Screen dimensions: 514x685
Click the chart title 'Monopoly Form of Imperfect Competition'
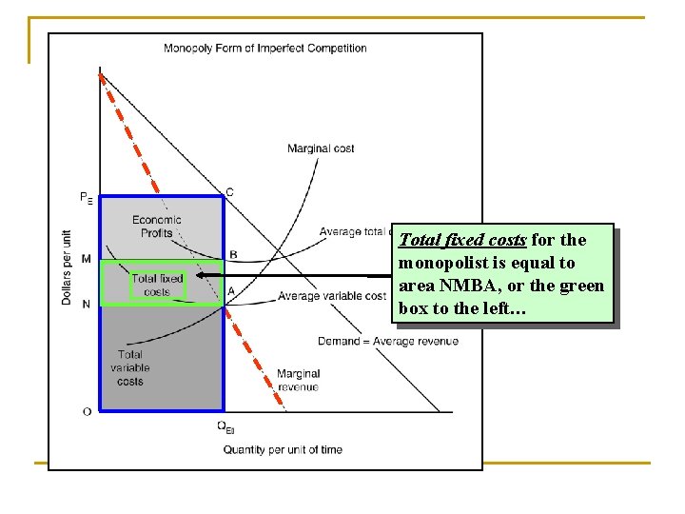point(264,49)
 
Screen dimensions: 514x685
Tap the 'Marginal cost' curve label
point(321,148)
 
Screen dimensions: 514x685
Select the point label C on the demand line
point(229,192)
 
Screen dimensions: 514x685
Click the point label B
point(233,254)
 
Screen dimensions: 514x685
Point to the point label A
point(230,291)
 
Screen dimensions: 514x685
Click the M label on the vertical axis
point(87,259)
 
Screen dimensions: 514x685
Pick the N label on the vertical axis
point(87,304)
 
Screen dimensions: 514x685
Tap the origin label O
point(87,411)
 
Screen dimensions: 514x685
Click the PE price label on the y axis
point(87,198)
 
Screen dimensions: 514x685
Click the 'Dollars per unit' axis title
point(67,267)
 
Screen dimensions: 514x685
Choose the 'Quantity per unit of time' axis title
point(283,449)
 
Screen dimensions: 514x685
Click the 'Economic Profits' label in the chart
point(157,227)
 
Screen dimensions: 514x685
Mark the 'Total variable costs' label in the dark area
point(130,367)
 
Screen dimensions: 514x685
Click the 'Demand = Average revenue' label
point(388,341)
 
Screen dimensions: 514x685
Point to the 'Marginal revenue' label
point(298,380)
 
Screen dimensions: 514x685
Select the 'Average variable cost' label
point(332,296)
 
